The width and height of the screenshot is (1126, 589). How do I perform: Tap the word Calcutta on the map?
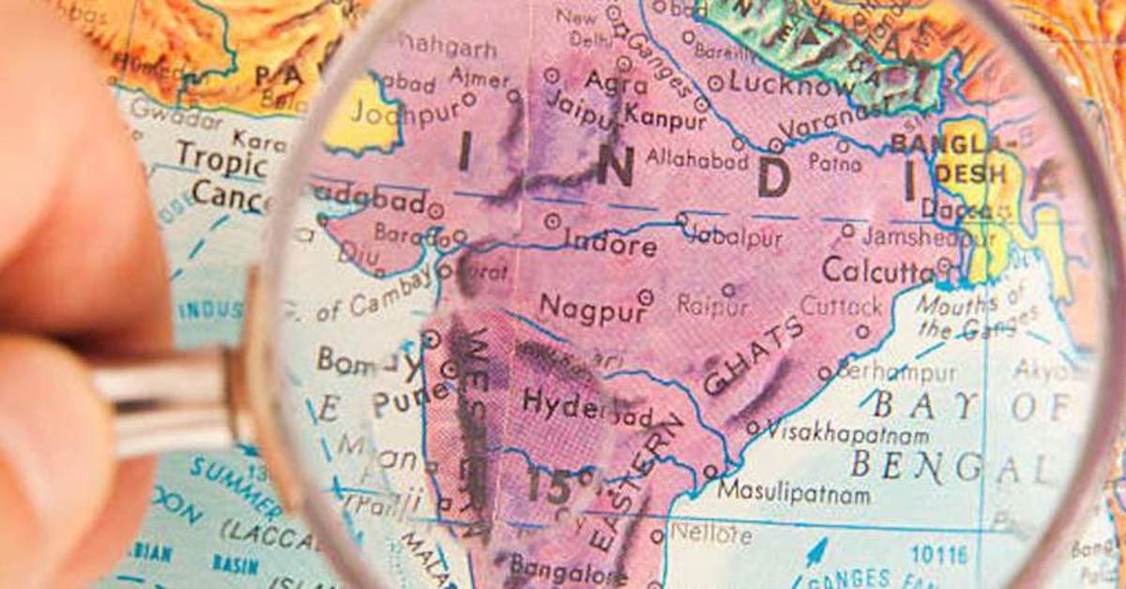tap(877, 270)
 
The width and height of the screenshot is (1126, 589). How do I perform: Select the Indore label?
tap(610, 246)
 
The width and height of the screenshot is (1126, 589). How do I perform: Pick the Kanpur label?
tap(665, 118)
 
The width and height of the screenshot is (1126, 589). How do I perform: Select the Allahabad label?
tap(696, 158)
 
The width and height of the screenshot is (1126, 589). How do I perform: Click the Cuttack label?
tap(840, 307)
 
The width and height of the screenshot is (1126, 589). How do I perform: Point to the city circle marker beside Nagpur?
tap(645, 296)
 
